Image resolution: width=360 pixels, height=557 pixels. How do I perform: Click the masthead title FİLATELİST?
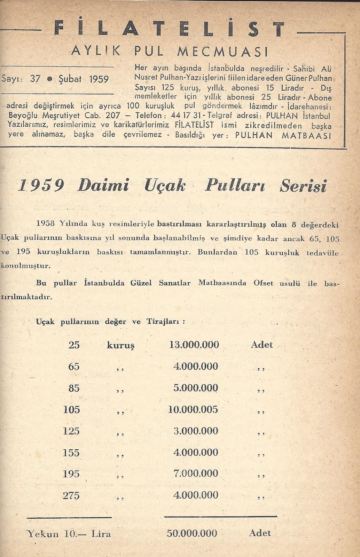pyautogui.click(x=170, y=29)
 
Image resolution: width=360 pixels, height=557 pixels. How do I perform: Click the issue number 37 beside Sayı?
pyautogui.click(x=35, y=79)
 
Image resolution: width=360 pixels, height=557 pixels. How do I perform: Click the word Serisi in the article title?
pyautogui.click(x=303, y=186)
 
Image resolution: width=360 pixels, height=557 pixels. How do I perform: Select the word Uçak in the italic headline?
pyautogui.click(x=165, y=186)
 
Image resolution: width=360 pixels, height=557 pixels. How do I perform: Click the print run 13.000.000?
pyautogui.click(x=194, y=345)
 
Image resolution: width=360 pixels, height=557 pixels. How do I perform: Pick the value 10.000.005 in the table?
pyautogui.click(x=193, y=409)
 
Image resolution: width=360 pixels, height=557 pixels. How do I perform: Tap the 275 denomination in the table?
pyautogui.click(x=71, y=495)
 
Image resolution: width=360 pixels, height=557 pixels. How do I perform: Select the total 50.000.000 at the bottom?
pyautogui.click(x=192, y=533)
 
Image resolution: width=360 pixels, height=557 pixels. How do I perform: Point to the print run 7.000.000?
pyautogui.click(x=195, y=473)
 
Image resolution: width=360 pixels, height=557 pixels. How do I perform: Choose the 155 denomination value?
pyautogui.click(x=71, y=453)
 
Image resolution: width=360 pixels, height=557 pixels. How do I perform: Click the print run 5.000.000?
pyautogui.click(x=195, y=388)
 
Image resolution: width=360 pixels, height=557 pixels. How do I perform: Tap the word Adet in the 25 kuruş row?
pyautogui.click(x=262, y=345)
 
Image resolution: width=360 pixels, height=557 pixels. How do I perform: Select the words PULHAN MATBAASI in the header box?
pyautogui.click(x=283, y=135)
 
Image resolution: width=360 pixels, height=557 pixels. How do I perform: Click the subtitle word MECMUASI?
pyautogui.click(x=223, y=52)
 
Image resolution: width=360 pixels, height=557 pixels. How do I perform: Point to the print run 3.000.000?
pyautogui.click(x=195, y=431)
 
